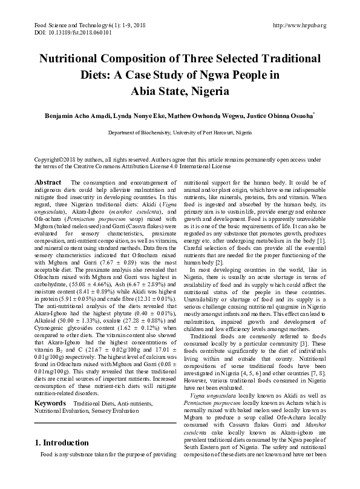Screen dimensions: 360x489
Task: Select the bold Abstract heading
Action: [x=48, y=182]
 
